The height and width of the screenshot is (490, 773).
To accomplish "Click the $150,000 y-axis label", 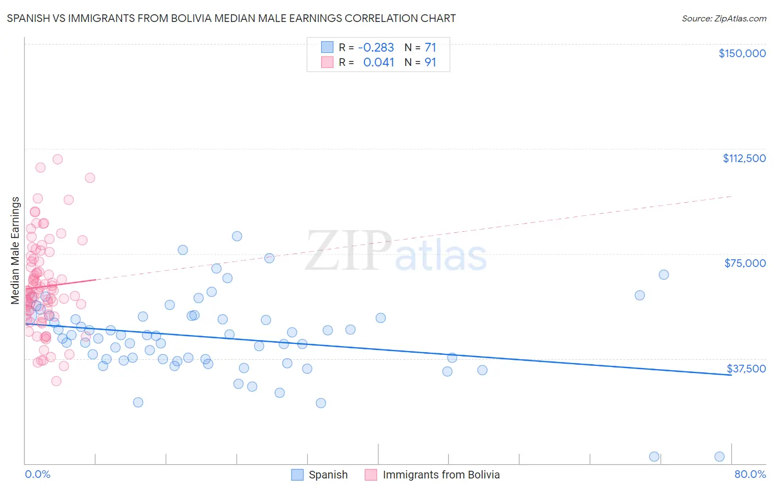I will click(x=742, y=53).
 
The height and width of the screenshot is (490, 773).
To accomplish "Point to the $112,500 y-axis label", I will click(x=744, y=158).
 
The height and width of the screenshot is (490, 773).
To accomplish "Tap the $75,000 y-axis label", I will click(x=745, y=263).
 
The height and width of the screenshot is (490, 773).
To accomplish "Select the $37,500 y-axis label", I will click(x=746, y=369).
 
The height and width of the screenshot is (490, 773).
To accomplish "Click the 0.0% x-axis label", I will click(x=37, y=474).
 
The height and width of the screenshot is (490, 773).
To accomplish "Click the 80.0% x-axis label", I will click(x=750, y=474).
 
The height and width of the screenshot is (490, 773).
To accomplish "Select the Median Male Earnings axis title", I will click(x=15, y=250).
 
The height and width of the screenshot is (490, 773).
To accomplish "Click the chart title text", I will click(x=231, y=18).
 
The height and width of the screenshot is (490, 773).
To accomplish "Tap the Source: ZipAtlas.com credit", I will click(x=724, y=19).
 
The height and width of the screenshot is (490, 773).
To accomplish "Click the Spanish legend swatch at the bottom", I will click(x=297, y=475).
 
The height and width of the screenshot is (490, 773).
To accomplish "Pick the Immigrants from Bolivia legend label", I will click(x=441, y=475).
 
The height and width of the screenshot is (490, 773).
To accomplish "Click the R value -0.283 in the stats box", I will click(x=376, y=48).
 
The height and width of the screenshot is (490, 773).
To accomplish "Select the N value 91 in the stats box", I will click(x=430, y=63).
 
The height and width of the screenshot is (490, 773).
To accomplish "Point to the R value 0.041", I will click(x=379, y=63).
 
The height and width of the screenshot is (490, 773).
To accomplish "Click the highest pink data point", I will click(x=58, y=159).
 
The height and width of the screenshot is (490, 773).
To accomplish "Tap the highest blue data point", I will click(x=237, y=236).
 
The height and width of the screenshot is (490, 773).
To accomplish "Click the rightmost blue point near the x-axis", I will click(x=719, y=456).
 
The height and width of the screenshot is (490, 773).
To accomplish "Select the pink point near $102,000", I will click(x=90, y=178).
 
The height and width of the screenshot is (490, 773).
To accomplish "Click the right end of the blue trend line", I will click(x=731, y=375).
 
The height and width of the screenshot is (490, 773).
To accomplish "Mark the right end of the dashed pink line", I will click(x=732, y=196).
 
